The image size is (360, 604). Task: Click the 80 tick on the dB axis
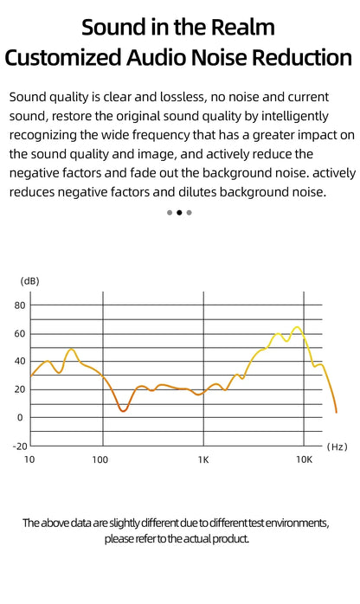click(x=20, y=305)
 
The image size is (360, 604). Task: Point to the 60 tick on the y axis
click(x=20, y=334)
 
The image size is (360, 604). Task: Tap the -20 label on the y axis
click(x=20, y=447)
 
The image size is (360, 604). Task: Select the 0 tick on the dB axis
click(x=20, y=418)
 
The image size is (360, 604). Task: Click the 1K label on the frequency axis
click(x=203, y=459)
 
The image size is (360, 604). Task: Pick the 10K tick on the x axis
click(x=304, y=459)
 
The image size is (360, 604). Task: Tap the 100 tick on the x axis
click(x=100, y=459)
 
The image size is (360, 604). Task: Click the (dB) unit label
click(x=29, y=281)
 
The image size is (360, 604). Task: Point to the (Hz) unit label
click(x=337, y=447)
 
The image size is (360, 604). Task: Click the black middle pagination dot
click(x=179, y=213)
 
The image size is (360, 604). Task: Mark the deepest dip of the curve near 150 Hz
click(x=123, y=411)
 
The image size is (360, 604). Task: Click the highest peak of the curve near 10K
click(x=297, y=327)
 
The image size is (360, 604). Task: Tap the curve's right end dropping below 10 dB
click(x=336, y=411)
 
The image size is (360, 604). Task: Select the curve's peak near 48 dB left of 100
click(x=71, y=350)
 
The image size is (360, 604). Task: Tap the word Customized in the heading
click(x=63, y=57)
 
